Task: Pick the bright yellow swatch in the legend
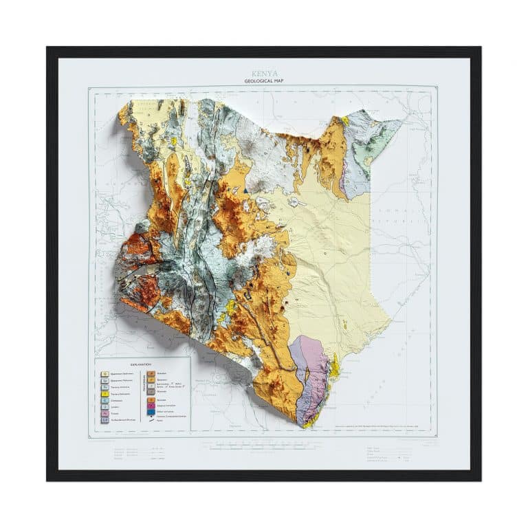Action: [x=105, y=393]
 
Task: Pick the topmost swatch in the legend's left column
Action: [x=105, y=373]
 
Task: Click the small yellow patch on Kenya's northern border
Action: [x=344, y=120]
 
